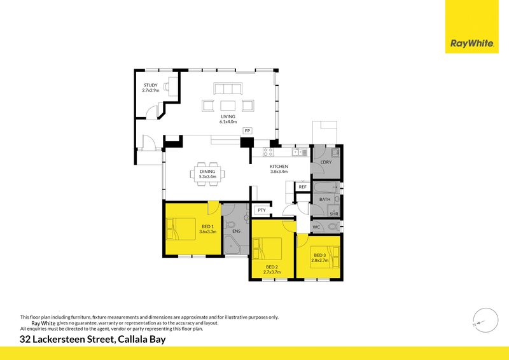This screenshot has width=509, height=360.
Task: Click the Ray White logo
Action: coord(471,27)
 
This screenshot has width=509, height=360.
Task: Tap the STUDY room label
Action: coord(151,85)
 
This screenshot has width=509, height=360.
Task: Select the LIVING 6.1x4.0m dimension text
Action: coord(228,121)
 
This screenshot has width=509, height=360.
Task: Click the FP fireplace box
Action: coord(248,130)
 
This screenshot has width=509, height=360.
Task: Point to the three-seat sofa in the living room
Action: coord(228,88)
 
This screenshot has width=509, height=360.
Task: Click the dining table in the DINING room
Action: coord(207,174)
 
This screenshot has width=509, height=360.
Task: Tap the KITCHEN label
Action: coord(279,166)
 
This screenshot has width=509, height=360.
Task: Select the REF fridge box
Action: coord(303,186)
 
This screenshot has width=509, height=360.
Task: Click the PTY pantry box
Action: coord(262,211)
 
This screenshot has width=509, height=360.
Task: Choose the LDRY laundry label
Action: coord(326,162)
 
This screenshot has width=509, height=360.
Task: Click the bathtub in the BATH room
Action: coord(326,187)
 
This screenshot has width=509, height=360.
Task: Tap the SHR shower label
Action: coord(333,214)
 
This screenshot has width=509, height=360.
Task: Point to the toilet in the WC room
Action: coord(333,226)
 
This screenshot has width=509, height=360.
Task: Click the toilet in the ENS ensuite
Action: coord(230,225)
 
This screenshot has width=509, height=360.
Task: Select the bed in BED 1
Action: coord(181,229)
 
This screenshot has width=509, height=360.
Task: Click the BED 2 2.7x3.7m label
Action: coord(272,270)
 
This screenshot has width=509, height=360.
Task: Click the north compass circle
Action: coord(485,320)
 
